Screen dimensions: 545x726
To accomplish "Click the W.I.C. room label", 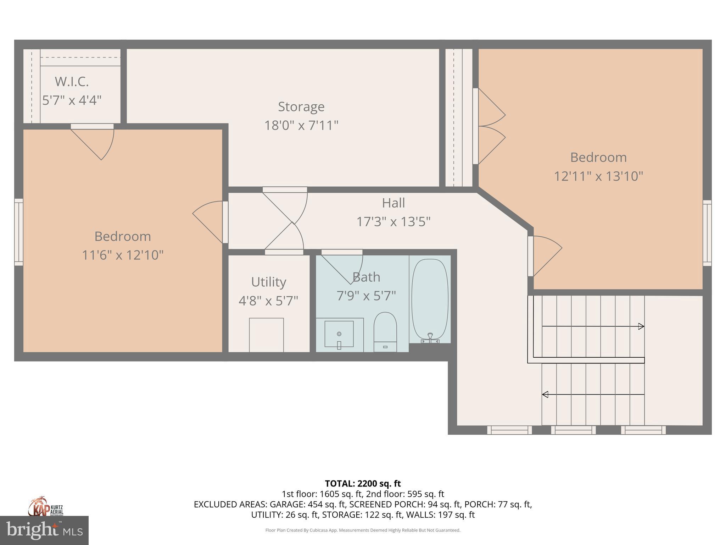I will click(72, 82).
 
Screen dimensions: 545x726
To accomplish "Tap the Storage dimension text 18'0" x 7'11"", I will click(301, 125).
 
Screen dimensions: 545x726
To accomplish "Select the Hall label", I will click(393, 203).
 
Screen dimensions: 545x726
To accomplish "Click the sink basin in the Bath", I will click(339, 334).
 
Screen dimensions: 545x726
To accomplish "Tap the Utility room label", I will click(268, 282).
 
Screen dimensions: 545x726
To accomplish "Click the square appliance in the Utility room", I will click(266, 335).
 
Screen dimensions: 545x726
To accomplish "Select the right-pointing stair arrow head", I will click(641, 326).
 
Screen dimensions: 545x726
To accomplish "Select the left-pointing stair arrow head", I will click(545, 394).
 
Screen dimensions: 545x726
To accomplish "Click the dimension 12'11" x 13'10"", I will click(598, 176).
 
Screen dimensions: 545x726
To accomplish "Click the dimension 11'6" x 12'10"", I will click(123, 255).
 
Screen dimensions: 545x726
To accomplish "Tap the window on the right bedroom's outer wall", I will click(707, 233).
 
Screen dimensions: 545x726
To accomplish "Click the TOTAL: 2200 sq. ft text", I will click(363, 483).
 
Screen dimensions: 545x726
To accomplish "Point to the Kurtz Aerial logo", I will click(45, 506).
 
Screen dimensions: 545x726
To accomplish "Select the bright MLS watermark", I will click(44, 530).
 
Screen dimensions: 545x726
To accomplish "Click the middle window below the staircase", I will click(573, 430).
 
